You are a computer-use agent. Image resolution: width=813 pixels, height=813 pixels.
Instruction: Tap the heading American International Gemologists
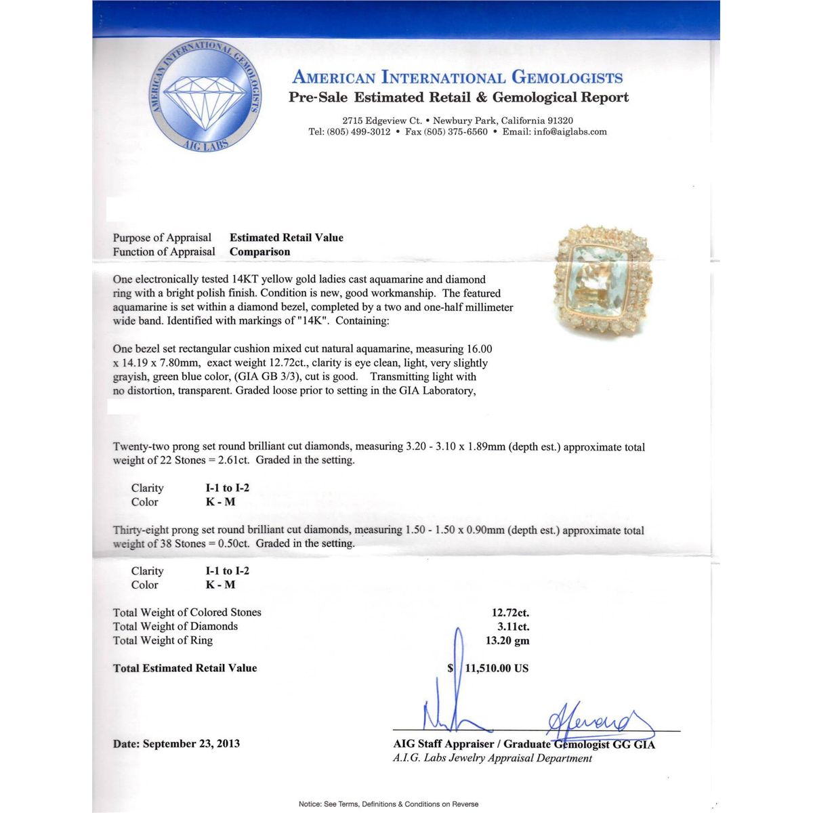(457, 77)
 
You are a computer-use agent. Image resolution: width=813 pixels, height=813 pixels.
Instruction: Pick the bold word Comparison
(259, 252)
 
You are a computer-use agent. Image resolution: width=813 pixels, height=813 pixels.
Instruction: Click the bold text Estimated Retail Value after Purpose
(286, 238)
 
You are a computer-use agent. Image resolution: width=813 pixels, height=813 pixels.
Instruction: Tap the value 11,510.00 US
(497, 668)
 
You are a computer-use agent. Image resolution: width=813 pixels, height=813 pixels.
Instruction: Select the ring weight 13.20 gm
(507, 641)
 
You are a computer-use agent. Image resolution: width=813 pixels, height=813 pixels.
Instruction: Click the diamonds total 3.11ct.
(514, 627)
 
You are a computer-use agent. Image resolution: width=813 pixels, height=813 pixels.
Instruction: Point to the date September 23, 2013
(192, 744)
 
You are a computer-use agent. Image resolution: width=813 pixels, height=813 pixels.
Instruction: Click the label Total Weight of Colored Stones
(187, 612)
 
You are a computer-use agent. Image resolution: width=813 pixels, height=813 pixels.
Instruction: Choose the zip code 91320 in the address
(559, 121)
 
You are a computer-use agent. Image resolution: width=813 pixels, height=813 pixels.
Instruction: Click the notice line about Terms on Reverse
(388, 804)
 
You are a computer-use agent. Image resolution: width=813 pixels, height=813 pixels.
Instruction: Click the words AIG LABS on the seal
(206, 144)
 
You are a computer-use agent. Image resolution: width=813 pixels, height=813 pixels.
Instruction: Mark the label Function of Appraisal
(164, 252)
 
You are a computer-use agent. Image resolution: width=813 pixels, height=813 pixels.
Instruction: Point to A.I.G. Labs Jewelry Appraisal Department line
(492, 758)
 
